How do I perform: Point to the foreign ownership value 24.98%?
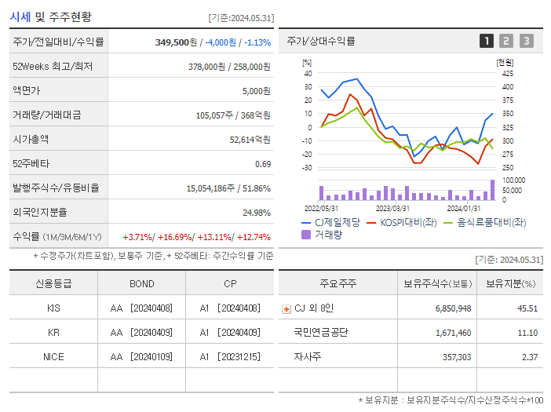pos(257,212)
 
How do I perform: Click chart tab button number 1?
pos(487,41)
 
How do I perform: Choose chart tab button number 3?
pos(526,41)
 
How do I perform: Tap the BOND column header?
pos(141,283)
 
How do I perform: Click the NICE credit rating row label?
pos(53,356)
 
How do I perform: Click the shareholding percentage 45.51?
pos(527,308)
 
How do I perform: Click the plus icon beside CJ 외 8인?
pos(286,309)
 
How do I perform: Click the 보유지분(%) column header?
pos(509,283)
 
